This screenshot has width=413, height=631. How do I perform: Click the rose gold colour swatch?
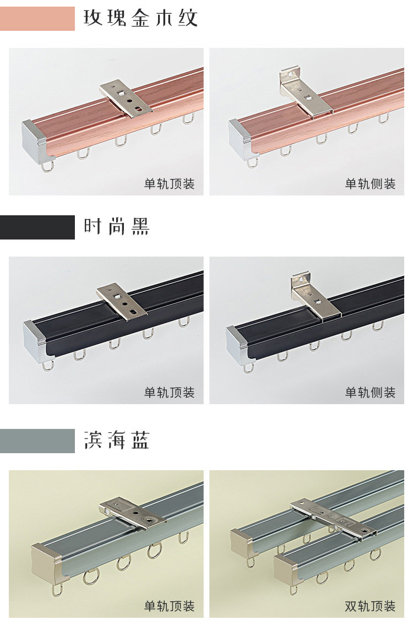coord(37,19)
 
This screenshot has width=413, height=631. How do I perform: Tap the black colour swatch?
coord(37,227)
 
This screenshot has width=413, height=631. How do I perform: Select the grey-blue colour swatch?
coord(37,441)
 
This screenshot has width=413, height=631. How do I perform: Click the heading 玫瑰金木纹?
coord(140,19)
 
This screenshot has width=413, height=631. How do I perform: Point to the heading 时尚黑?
coord(117,227)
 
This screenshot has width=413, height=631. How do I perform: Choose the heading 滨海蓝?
coord(117,441)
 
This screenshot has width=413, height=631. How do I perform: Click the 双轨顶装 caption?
coord(370,606)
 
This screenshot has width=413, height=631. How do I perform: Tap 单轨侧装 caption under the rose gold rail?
coord(370,184)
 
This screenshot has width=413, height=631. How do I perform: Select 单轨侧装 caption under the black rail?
coord(370,393)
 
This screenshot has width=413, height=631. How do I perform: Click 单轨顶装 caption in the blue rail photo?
coord(170,606)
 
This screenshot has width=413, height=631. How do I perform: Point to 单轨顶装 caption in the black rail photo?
coord(170,393)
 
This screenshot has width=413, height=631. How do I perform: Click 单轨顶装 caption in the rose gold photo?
coord(170,184)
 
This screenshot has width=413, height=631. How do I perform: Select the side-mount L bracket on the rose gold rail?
coord(305,95)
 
